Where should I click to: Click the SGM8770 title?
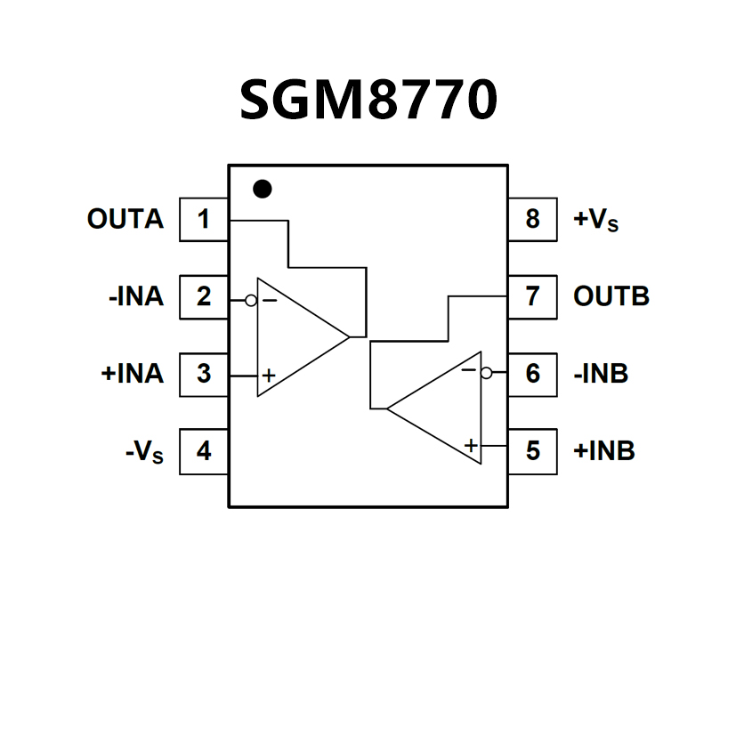[368, 101]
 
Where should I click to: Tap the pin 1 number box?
[204, 219]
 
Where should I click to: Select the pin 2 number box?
[204, 296]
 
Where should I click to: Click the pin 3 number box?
[204, 374]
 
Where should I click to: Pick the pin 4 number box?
[204, 451]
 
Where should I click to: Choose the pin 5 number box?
[532, 451]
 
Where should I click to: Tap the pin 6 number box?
[532, 374]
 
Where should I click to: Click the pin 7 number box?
[532, 296]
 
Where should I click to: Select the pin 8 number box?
[532, 219]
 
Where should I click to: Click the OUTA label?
[125, 219]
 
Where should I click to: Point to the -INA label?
[136, 296]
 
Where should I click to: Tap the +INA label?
[133, 374]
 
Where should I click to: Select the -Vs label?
[144, 452]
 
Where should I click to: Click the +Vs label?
[596, 220]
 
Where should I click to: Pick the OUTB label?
[611, 296]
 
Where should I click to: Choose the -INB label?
[602, 374]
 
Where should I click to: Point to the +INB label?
[604, 451]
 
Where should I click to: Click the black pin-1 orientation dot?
[262, 189]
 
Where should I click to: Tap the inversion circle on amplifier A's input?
[251, 301]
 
